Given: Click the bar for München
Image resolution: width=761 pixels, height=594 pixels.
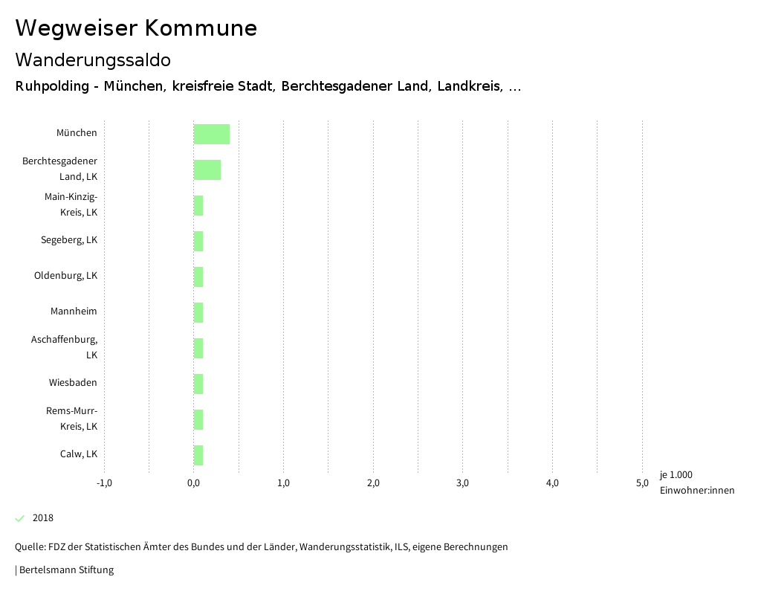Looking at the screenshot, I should point(212,134).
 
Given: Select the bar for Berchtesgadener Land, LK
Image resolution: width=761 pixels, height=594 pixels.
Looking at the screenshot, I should point(207,170).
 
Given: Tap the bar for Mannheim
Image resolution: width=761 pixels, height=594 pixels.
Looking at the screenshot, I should point(198,312).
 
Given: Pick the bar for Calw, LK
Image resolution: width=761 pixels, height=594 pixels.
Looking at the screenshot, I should point(198,455).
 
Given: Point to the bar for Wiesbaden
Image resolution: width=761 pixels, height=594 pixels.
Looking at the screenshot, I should point(198,384).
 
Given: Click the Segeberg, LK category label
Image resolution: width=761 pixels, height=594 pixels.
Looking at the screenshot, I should point(69,240).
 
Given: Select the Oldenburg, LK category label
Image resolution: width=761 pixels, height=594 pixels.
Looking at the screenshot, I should point(65,276).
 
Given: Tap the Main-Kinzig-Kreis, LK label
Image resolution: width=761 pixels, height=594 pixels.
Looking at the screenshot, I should point(71,204).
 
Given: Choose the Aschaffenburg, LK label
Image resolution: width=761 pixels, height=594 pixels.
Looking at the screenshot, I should point(65,347).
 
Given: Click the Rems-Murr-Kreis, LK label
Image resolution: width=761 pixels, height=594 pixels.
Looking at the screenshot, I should point(72,419).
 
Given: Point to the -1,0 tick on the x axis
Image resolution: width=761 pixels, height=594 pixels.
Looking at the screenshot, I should point(104,483).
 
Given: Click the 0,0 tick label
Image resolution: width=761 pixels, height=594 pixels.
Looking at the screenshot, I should point(194,483).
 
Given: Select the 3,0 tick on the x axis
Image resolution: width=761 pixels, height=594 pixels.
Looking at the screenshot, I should point(463,483).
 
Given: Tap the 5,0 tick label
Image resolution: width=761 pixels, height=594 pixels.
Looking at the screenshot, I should point(642,483).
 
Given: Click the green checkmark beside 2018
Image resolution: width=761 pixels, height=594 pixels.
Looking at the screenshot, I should point(20,518).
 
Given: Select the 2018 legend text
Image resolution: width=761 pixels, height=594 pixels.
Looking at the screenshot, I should point(43,518).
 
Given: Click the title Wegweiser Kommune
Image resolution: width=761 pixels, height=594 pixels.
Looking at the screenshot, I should point(136,28).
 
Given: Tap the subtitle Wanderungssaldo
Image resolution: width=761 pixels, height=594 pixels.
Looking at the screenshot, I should point(93,59).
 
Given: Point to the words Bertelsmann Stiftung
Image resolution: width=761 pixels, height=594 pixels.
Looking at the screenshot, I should point(66,570).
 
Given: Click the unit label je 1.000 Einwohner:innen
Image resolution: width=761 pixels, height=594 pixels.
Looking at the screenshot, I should point(696,482).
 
